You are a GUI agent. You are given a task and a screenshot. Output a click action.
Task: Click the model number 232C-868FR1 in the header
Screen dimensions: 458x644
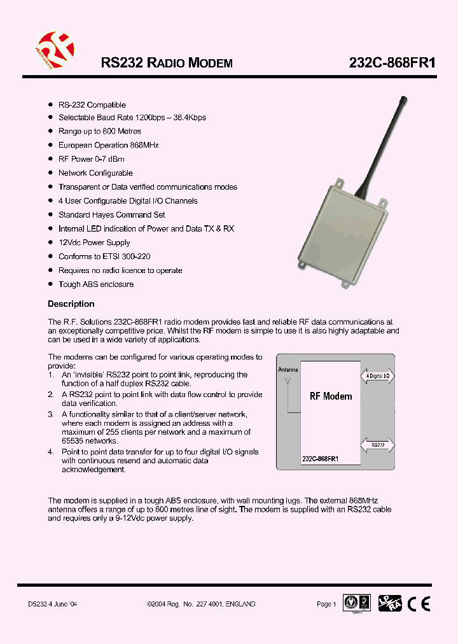(392, 63)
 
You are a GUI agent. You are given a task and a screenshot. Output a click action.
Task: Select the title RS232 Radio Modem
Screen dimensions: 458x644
(167, 63)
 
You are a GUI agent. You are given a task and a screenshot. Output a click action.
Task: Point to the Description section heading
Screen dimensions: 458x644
(71, 304)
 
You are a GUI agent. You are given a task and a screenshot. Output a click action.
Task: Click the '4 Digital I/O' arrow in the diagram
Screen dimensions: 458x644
(377, 377)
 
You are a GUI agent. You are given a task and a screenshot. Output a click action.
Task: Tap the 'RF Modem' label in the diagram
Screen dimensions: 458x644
(330, 396)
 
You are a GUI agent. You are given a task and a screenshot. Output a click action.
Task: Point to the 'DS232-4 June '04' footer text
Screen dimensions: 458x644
(53, 604)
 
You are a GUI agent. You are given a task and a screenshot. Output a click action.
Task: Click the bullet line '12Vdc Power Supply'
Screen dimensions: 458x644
(94, 242)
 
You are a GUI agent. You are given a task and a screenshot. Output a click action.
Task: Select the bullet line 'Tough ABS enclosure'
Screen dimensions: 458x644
(96, 284)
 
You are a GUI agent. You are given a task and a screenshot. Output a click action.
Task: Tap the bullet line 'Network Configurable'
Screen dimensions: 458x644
(95, 173)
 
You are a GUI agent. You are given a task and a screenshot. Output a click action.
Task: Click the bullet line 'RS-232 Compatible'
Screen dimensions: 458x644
(92, 105)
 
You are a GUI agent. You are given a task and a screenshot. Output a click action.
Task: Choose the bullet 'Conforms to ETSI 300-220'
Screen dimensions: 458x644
(104, 256)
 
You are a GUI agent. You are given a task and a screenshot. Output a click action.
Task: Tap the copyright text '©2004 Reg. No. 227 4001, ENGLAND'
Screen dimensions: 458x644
(200, 604)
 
